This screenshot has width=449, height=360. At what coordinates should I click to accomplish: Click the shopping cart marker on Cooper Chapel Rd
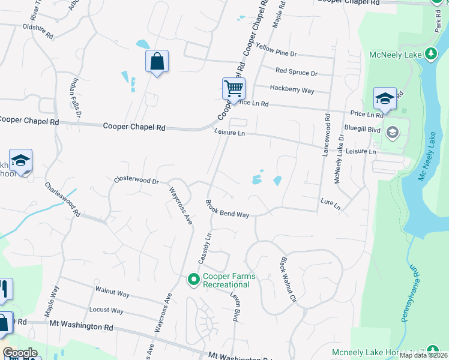[234, 89]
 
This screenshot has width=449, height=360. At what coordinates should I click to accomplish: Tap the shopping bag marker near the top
[157, 61]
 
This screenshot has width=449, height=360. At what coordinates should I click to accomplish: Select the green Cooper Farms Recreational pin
[193, 280]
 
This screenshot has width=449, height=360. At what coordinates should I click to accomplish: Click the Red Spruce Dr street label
[296, 72]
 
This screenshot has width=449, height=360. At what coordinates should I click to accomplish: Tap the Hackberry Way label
[292, 90]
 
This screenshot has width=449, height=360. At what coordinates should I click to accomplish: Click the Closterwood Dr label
[136, 180]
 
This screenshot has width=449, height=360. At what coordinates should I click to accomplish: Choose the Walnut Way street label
[112, 293]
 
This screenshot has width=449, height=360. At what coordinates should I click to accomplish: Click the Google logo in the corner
[20, 353]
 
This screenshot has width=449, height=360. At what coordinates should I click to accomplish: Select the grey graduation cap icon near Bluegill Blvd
[393, 133]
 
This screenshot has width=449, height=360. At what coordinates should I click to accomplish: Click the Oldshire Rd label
[38, 28]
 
